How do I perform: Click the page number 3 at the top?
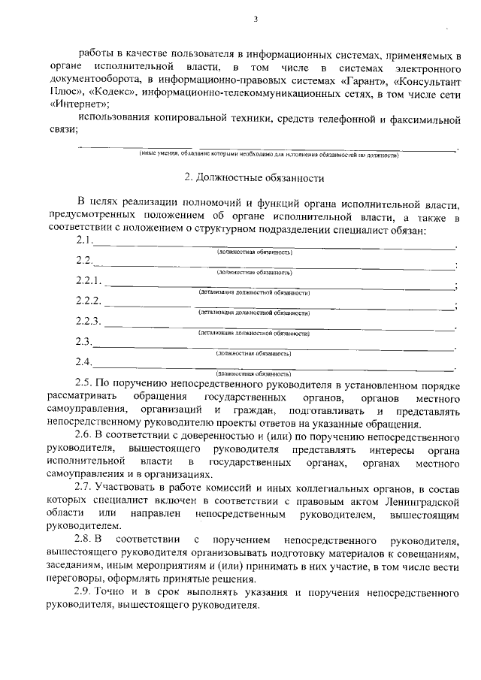click(256, 20)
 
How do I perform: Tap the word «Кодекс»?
click(112, 91)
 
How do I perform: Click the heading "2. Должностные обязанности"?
click(254, 179)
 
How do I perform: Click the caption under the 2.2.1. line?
click(254, 292)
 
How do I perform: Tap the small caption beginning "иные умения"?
click(269, 154)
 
